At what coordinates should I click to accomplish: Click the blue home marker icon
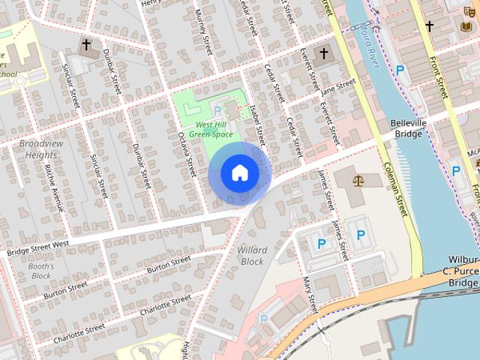(239, 172)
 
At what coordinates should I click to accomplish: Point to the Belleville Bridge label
(408, 127)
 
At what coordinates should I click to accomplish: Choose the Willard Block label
(251, 255)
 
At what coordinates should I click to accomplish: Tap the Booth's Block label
(41, 271)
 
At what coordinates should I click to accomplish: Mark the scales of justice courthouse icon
(358, 181)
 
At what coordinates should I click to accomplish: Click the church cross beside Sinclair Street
(85, 45)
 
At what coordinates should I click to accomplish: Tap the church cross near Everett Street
(324, 53)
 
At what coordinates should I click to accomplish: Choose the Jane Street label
(337, 88)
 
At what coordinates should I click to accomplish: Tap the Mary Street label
(309, 294)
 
